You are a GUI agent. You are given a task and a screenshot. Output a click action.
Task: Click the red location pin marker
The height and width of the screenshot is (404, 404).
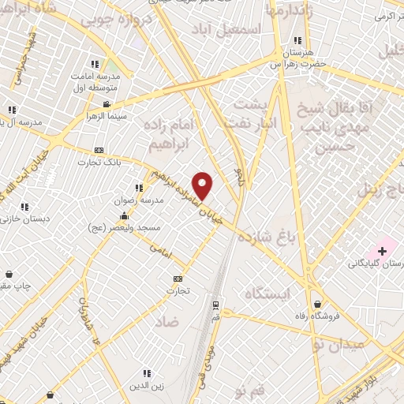pos(203,185)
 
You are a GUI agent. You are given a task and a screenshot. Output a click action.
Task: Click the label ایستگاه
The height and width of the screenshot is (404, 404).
pos(268,294)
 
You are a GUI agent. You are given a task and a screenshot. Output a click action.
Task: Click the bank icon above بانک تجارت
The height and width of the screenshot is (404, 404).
pos(99,150)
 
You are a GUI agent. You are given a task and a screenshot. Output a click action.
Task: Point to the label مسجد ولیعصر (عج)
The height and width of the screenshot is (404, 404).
pos(125,227)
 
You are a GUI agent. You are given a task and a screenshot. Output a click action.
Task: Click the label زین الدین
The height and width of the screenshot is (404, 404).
pos(147,385)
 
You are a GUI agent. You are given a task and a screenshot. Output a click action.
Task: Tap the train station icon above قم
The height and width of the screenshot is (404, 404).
pos(215,305)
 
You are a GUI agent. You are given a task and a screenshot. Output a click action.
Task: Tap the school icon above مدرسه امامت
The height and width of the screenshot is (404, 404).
pos(95,65)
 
